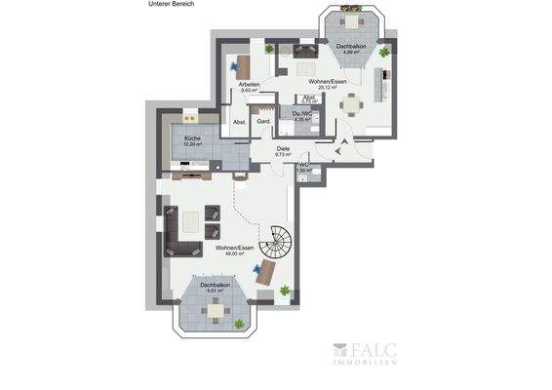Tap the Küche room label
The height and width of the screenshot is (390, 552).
click(x=191, y=139)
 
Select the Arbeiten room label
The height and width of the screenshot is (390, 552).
click(x=249, y=85)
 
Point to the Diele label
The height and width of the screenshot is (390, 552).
click(x=283, y=148)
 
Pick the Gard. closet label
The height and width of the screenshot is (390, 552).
click(x=263, y=122)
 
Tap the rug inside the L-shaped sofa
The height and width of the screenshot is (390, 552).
click(x=191, y=220)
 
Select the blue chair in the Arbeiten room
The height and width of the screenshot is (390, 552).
click(x=236, y=68)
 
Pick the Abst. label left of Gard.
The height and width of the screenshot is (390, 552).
click(x=239, y=122)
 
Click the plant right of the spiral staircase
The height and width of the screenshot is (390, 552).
click(x=285, y=290)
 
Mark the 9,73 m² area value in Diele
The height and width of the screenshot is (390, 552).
click(x=284, y=154)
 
